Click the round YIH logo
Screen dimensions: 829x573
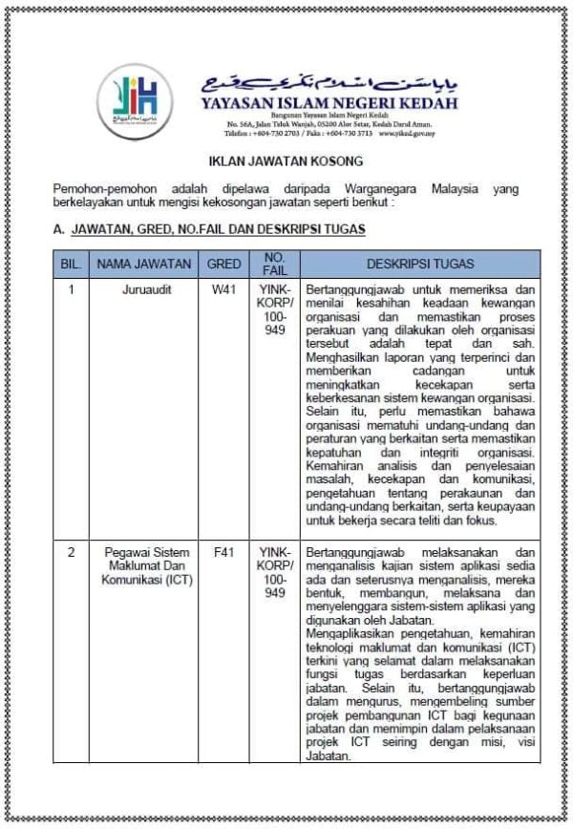(x=135, y=99)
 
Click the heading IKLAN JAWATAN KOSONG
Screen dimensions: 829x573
(x=286, y=162)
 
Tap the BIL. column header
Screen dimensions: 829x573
(x=70, y=264)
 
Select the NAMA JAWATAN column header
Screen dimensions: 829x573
(x=144, y=264)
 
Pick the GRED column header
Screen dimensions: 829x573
(x=223, y=264)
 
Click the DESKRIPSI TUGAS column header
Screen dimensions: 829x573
(x=420, y=264)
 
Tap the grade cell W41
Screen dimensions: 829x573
(x=223, y=287)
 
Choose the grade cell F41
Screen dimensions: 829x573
(x=223, y=552)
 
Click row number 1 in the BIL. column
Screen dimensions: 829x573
(x=70, y=287)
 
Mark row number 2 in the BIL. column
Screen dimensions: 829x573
(x=70, y=552)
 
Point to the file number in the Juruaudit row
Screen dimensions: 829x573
(x=275, y=308)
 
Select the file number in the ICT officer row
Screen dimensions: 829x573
(x=275, y=572)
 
